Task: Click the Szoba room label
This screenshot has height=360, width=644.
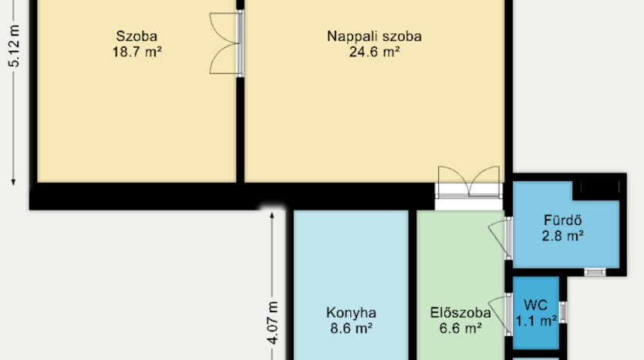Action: [137, 36]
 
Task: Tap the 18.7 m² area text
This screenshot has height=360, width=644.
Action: [137, 52]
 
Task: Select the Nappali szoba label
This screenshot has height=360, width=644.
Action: [374, 36]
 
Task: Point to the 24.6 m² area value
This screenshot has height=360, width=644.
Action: [374, 52]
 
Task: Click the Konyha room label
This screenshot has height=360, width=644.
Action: [351, 313]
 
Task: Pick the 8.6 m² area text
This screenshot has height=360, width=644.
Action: [351, 328]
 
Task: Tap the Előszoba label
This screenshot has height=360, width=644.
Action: [460, 313]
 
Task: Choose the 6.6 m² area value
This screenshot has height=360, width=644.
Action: [460, 328]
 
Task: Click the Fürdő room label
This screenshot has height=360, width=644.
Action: [563, 220]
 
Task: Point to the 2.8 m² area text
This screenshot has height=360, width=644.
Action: [563, 236]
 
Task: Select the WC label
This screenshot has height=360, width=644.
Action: [536, 305]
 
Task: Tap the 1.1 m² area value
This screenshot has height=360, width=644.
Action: [536, 321]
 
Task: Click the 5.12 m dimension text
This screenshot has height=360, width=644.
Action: [15, 46]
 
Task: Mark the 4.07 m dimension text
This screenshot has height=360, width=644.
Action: [272, 323]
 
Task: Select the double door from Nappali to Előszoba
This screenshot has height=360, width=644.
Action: [469, 182]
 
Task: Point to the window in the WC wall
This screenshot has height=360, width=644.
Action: [563, 312]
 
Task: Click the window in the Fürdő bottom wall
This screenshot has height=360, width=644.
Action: [595, 271]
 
